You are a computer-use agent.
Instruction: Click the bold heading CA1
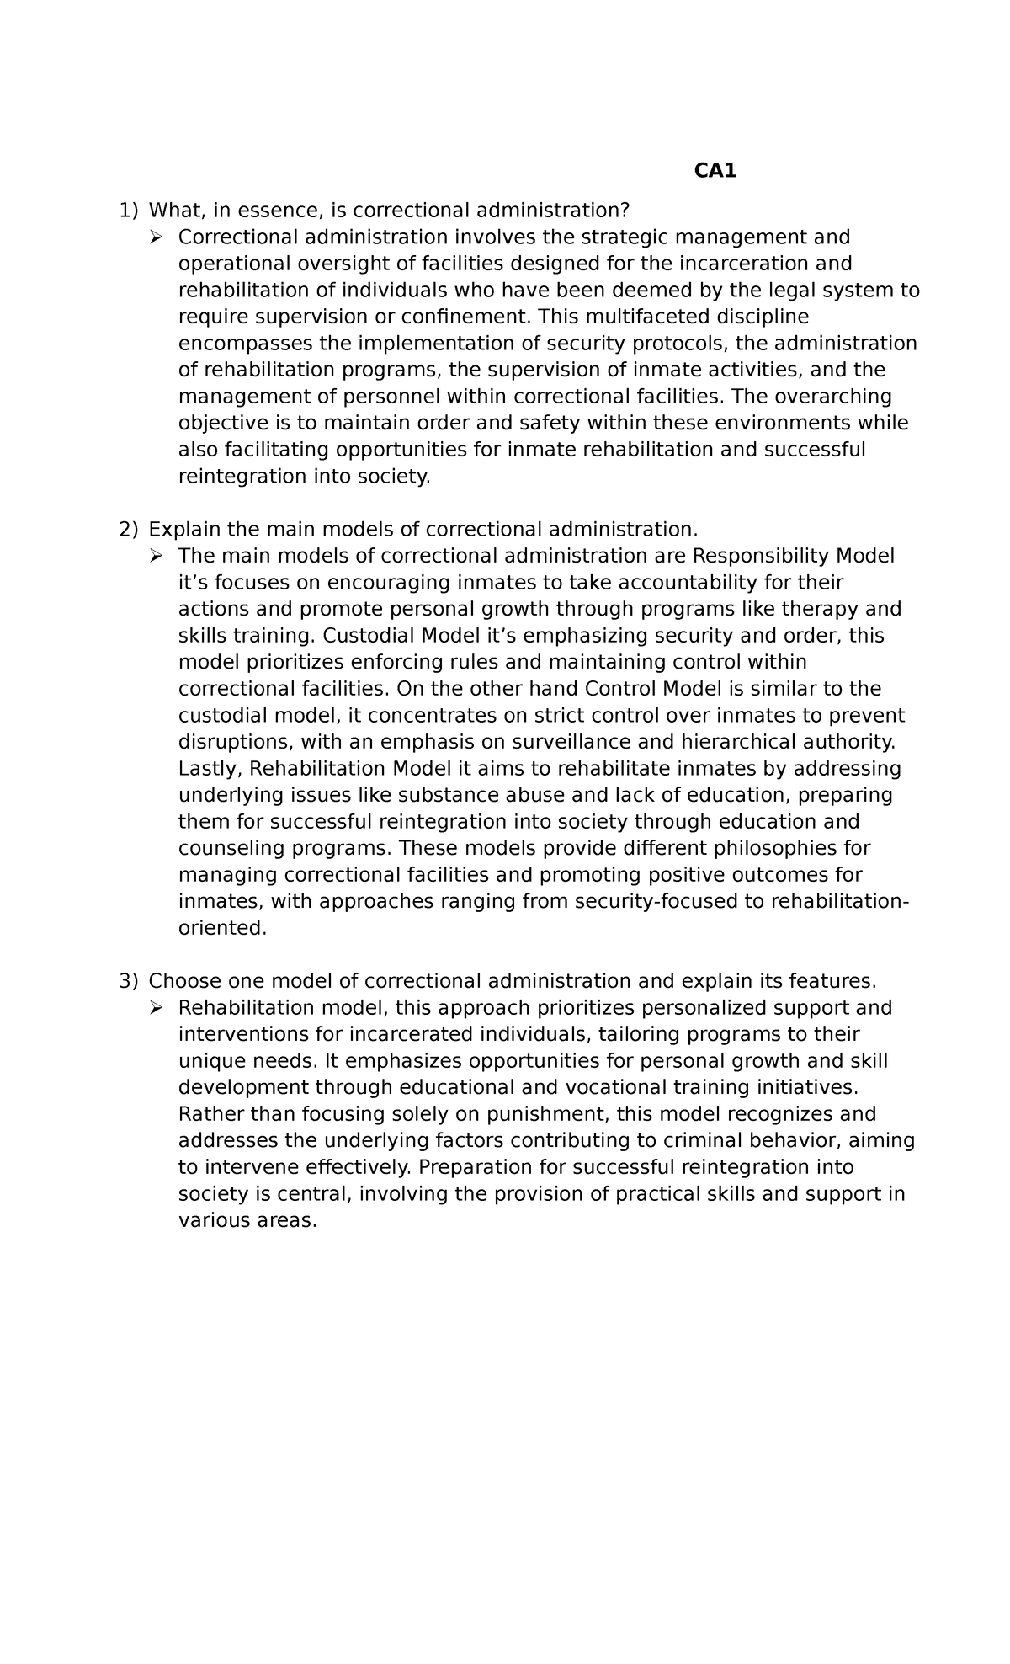point(715,171)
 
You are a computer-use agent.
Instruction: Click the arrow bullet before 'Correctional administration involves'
point(156,237)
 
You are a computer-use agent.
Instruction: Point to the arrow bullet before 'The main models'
point(156,556)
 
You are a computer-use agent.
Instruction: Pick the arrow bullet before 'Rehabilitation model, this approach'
point(156,1008)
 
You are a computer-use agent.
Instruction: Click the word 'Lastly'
point(210,769)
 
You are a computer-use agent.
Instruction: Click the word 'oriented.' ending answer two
point(222,928)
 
